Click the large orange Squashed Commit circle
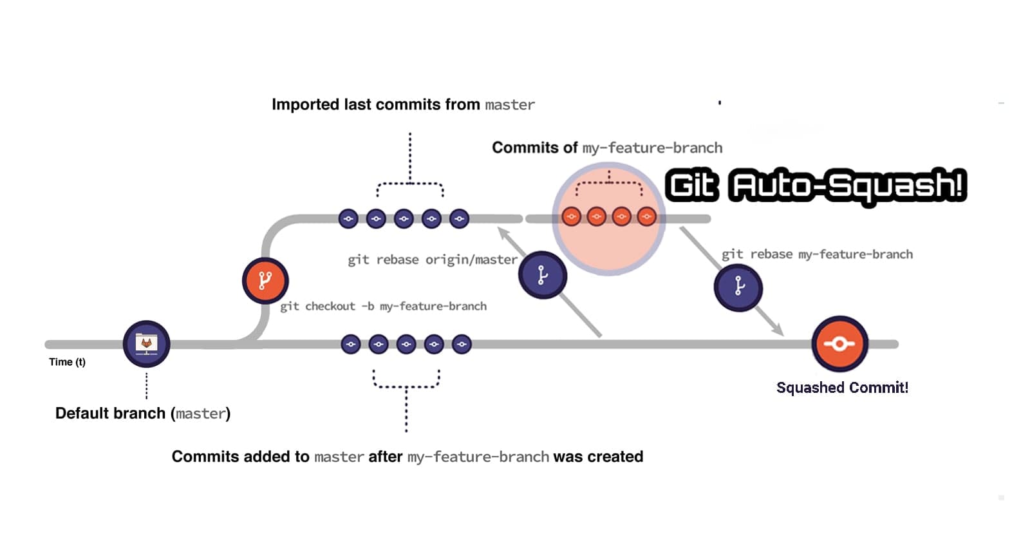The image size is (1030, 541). (x=839, y=344)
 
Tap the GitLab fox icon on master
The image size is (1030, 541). (x=146, y=343)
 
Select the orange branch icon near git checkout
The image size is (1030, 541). (x=265, y=281)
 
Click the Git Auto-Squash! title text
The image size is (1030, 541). (x=815, y=185)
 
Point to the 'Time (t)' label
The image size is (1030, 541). (x=67, y=362)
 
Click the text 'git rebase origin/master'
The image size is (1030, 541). (x=432, y=260)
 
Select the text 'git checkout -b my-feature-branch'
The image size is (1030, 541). (x=383, y=307)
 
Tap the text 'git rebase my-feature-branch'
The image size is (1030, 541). (x=816, y=254)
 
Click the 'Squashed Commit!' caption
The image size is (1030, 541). (x=842, y=388)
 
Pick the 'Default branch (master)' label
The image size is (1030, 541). (x=142, y=413)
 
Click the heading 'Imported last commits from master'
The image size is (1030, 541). (x=403, y=105)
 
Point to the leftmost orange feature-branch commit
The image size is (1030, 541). (x=571, y=216)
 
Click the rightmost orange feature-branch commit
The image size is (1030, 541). (x=646, y=216)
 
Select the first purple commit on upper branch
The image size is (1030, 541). (x=348, y=219)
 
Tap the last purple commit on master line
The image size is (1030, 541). (x=462, y=345)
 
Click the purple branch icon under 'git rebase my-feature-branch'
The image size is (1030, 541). (x=738, y=287)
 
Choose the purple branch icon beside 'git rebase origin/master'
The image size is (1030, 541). (x=542, y=276)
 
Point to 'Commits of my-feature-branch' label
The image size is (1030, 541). (x=606, y=148)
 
